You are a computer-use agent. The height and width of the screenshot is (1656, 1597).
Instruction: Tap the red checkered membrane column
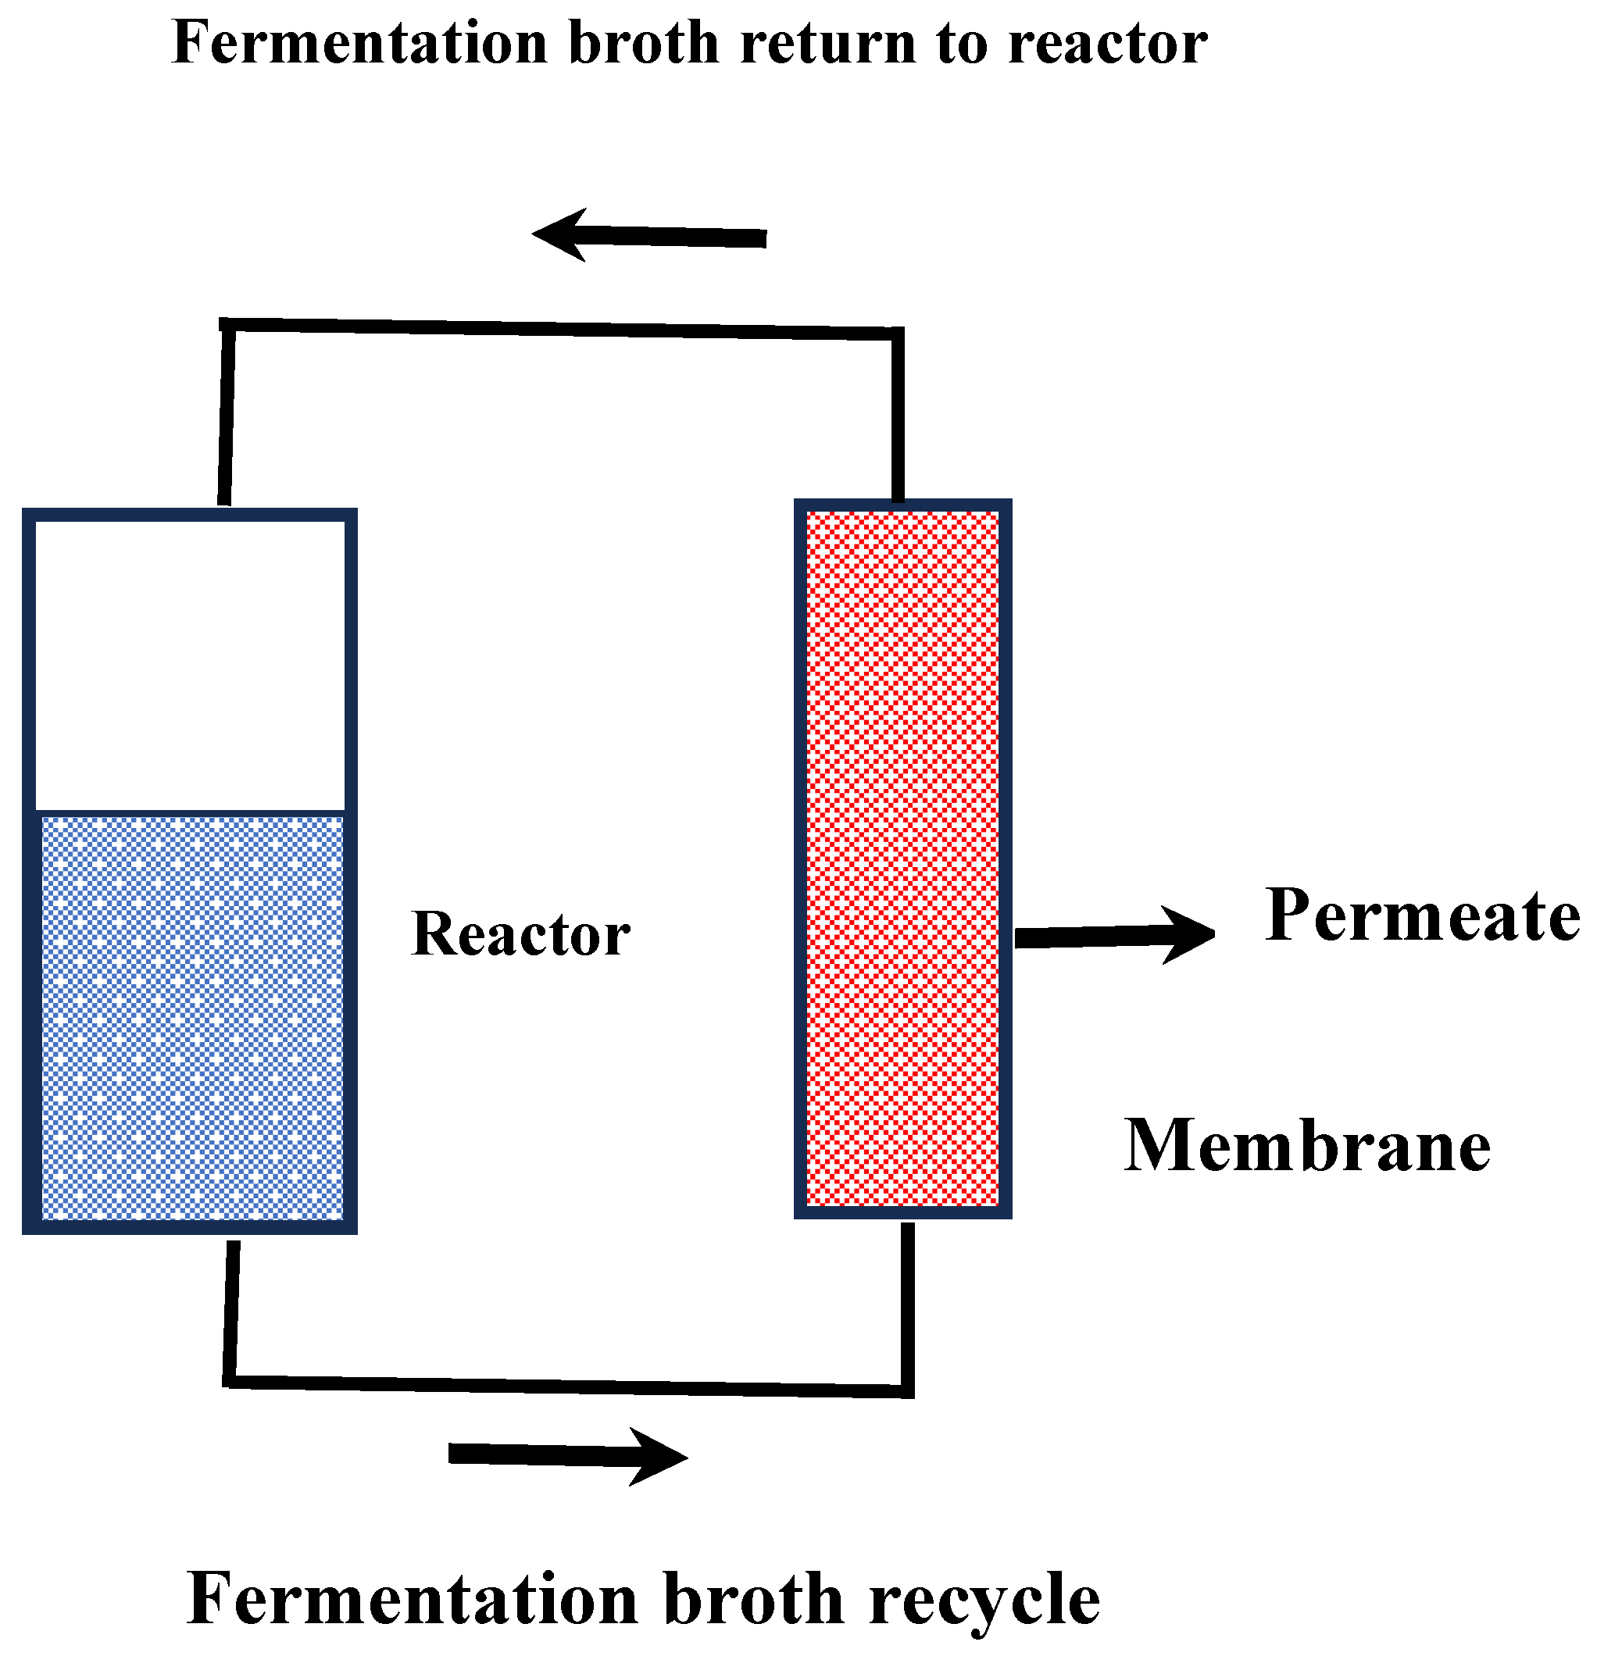[x=902, y=858]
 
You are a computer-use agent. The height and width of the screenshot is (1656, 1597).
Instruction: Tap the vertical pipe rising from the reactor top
[x=227, y=414]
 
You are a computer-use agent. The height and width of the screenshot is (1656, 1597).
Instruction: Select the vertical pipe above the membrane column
[x=899, y=414]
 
